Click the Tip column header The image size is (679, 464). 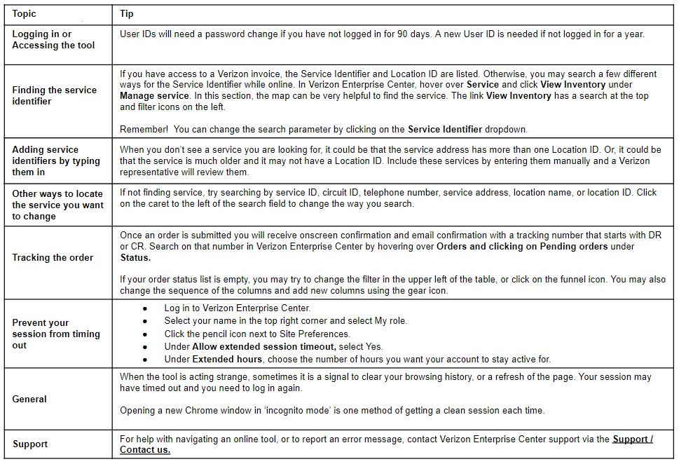click(127, 13)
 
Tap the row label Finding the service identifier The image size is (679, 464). click(54, 95)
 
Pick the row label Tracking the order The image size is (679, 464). click(53, 257)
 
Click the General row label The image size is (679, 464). click(29, 399)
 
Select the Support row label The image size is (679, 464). click(30, 444)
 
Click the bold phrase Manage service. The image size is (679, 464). click(154, 95)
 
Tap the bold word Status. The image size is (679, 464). click(135, 257)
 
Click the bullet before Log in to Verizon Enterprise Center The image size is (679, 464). click(145, 308)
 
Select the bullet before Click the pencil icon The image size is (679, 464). click(145, 334)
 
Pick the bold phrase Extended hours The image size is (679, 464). click(227, 359)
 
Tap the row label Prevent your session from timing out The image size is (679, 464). click(56, 334)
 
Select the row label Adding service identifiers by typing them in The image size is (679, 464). click(56, 161)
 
